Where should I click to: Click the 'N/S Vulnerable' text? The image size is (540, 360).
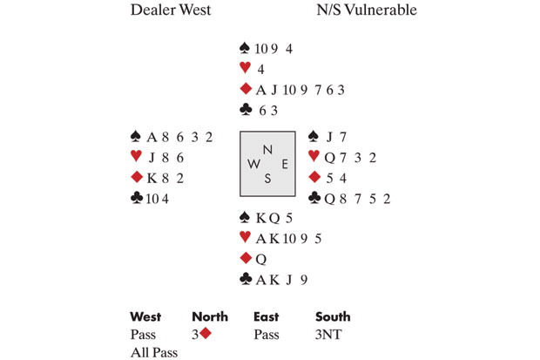pyautogui.click(x=367, y=10)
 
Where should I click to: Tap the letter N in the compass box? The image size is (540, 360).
pyautogui.click(x=268, y=149)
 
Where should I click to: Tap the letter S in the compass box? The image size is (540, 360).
pyautogui.click(x=268, y=178)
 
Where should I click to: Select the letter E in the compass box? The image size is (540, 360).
pyautogui.click(x=283, y=164)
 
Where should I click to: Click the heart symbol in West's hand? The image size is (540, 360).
pyautogui.click(x=135, y=156)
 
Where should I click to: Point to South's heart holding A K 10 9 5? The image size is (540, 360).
pyautogui.click(x=282, y=238)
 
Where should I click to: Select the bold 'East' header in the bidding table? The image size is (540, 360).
pyautogui.click(x=266, y=316)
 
